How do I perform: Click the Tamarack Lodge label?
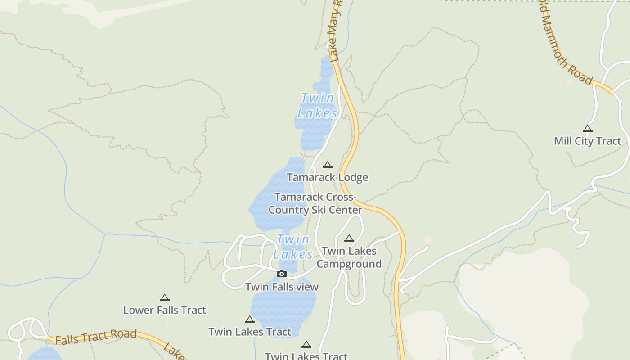tap(327, 177)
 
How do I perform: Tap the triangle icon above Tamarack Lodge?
tap(328, 165)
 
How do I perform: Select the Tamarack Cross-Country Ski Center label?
tap(315, 203)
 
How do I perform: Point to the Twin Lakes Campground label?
tap(349, 257)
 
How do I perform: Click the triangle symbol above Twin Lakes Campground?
tap(349, 238)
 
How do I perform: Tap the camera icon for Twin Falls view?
tap(282, 274)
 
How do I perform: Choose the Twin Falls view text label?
tap(282, 287)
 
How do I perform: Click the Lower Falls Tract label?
tap(165, 310)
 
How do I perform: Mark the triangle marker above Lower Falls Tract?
tap(165, 297)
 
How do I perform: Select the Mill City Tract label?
tap(587, 141)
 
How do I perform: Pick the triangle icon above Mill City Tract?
tap(588, 128)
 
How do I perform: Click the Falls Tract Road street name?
tap(96, 336)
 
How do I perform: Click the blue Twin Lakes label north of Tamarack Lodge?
tap(317, 105)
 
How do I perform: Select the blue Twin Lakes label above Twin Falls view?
tap(293, 247)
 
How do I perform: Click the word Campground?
tap(349, 264)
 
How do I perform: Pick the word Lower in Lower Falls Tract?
tap(136, 310)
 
